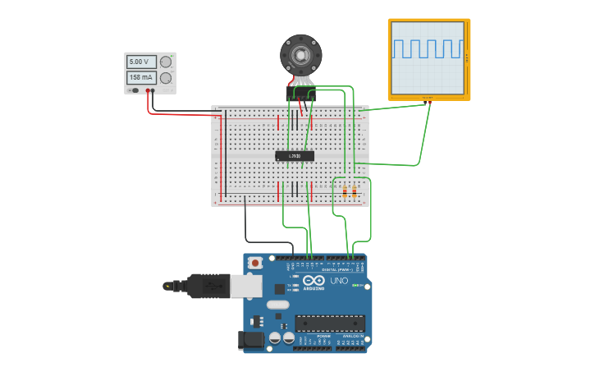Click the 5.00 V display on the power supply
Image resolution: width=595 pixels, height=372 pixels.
click(140, 62)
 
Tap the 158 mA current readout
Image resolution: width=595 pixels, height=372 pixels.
click(140, 78)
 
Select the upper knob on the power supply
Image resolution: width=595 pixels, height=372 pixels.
click(167, 62)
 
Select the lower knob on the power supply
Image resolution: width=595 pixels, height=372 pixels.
click(167, 78)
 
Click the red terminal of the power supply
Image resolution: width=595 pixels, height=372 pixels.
click(149, 90)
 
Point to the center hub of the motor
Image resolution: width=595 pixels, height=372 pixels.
click(301, 55)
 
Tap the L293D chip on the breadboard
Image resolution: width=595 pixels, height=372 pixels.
click(294, 155)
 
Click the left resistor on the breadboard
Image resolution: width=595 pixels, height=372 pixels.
click(345, 192)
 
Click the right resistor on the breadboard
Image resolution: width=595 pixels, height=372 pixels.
click(355, 192)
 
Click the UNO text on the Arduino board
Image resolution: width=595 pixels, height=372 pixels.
click(339, 281)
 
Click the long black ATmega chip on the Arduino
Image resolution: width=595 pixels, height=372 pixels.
click(330, 323)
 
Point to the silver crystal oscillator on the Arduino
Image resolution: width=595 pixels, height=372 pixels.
click(278, 305)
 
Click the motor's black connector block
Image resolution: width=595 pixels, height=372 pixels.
click(301, 95)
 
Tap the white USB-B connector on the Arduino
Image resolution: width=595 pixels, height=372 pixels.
click(245, 285)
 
